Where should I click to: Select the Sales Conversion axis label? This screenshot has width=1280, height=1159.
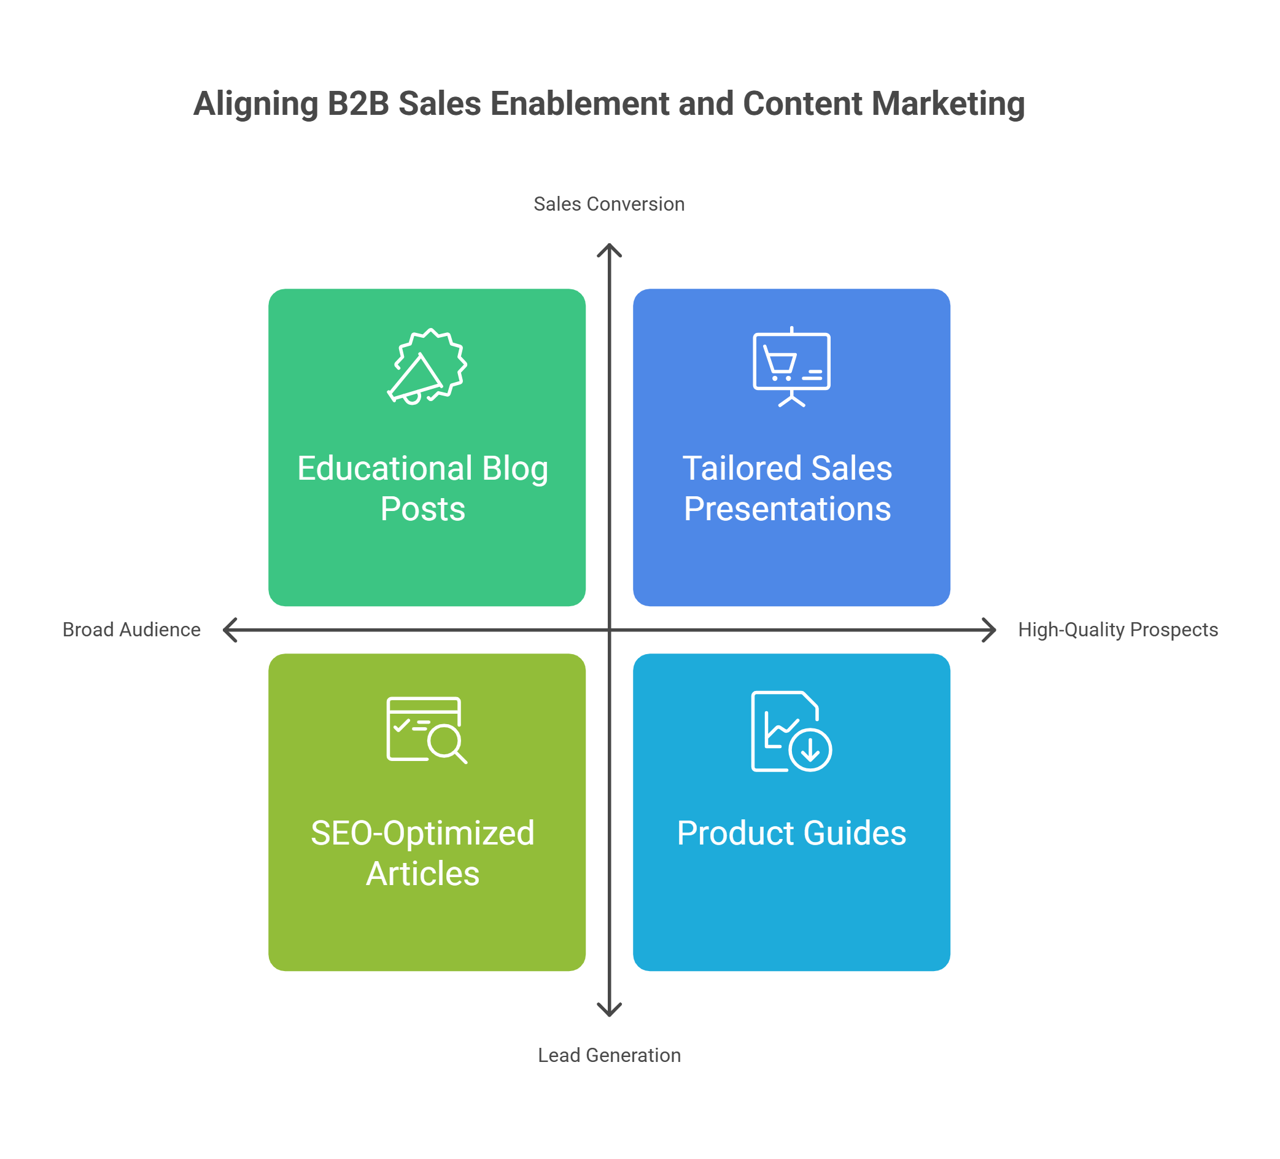tap(609, 204)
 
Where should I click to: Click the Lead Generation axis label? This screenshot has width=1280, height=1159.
tap(609, 1055)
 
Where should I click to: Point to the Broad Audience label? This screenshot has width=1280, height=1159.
tap(131, 630)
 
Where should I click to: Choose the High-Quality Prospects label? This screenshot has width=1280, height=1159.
tap(1117, 630)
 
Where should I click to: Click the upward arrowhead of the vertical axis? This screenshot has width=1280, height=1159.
tap(609, 249)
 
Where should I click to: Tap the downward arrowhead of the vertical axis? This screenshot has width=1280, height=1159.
tap(609, 1010)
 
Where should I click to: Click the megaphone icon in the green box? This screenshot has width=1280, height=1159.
tap(427, 367)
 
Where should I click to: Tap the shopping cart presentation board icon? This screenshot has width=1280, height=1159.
tap(791, 367)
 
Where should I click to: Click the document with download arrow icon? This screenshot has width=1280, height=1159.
tap(791, 731)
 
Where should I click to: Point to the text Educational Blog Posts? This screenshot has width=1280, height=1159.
tap(423, 488)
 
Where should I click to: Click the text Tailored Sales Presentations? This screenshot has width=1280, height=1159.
tap(787, 488)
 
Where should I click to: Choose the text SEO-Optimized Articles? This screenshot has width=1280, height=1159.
tap(423, 853)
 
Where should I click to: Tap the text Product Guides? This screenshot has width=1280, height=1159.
tap(791, 833)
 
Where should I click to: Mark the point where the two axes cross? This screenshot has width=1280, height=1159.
tap(609, 630)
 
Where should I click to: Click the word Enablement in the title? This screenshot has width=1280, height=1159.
tap(579, 104)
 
